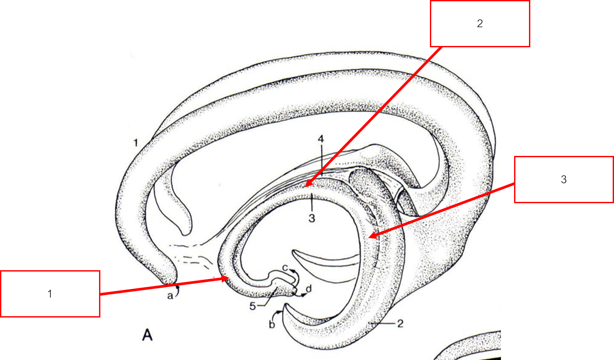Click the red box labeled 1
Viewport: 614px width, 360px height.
click(50, 294)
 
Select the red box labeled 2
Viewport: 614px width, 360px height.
click(480, 24)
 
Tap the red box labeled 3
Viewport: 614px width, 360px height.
click(564, 180)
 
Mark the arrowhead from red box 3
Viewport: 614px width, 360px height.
click(371, 237)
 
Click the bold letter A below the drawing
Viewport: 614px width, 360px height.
click(147, 336)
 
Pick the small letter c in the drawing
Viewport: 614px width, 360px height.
click(284, 267)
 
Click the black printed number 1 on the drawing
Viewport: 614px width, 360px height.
click(136, 143)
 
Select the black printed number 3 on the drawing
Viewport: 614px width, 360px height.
click(312, 218)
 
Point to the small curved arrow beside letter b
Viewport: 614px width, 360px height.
click(278, 312)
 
